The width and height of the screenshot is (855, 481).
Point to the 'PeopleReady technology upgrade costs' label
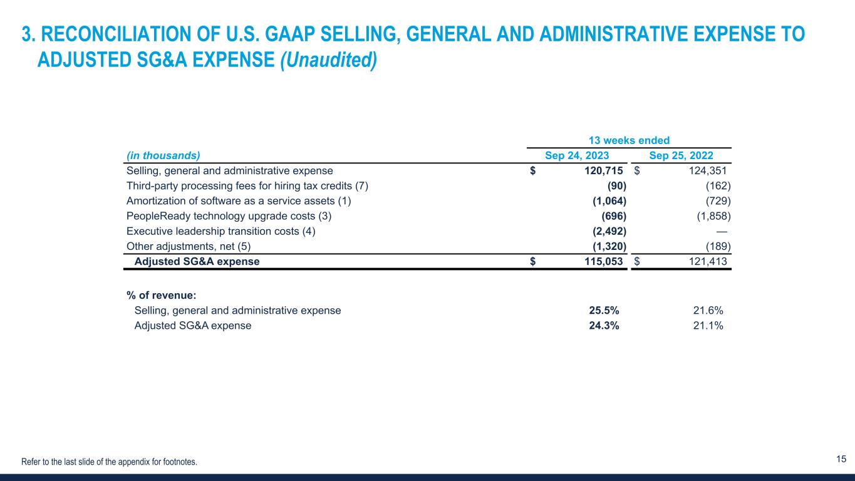[229, 216]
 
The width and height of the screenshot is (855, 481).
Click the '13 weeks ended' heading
[639, 140]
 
